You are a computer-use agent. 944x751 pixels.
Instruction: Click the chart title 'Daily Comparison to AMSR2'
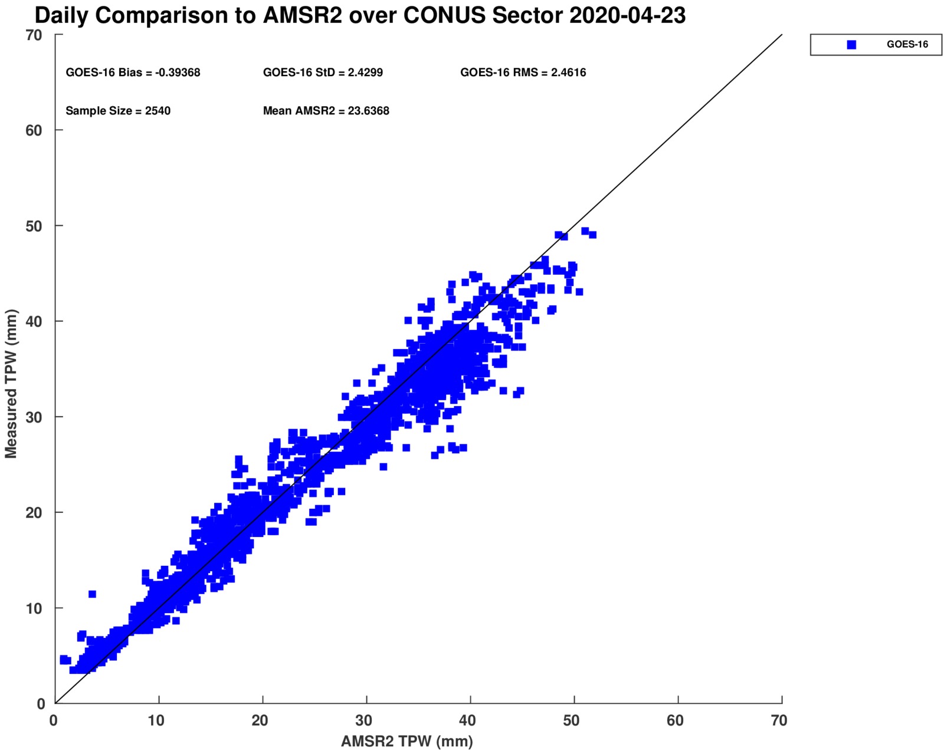click(360, 16)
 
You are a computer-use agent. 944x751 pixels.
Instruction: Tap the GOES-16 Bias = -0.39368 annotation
click(133, 73)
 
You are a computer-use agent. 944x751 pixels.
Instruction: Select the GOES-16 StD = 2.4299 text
click(323, 73)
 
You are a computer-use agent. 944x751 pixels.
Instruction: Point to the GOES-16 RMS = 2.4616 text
click(523, 73)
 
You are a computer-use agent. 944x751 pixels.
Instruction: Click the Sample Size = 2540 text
click(118, 111)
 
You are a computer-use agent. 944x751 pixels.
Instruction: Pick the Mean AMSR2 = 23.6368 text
click(326, 111)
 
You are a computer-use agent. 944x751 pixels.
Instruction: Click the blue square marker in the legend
click(851, 45)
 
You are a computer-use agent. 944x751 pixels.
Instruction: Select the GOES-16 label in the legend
click(907, 45)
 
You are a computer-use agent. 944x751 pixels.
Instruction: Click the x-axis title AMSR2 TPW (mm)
click(407, 741)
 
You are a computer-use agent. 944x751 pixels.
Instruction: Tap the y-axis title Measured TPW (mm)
click(11, 384)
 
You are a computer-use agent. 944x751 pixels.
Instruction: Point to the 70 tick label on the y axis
click(34, 35)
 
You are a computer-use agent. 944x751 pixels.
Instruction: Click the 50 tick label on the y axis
click(34, 226)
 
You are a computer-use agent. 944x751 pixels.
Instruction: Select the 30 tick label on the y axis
click(34, 417)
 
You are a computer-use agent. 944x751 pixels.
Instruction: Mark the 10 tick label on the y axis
click(34, 608)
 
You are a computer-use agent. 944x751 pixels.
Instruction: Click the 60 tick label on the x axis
click(675, 720)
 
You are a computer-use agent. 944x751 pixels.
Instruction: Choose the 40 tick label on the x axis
click(467, 720)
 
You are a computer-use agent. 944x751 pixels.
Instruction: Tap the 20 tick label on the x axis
click(260, 720)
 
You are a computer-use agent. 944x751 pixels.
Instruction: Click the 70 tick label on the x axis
click(779, 720)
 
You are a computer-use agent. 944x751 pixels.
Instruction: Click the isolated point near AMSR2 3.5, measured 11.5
click(92, 594)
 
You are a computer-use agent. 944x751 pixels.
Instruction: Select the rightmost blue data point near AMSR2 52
click(592, 235)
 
